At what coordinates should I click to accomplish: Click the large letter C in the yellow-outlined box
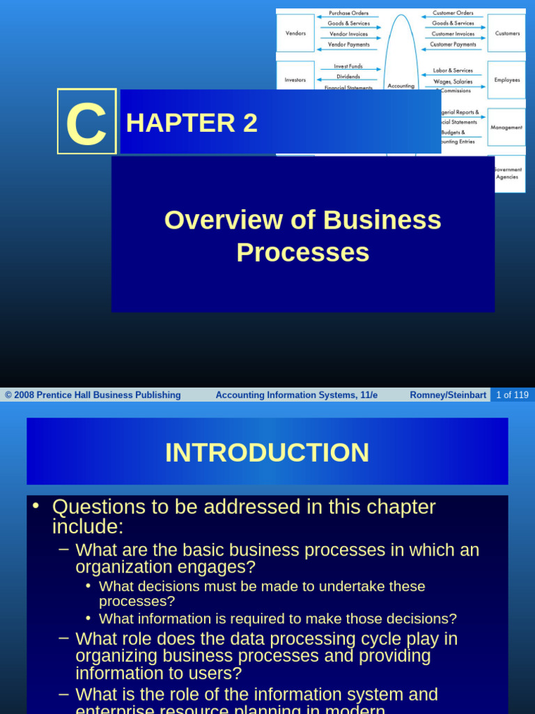(x=86, y=123)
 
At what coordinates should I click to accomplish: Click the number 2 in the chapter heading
(x=250, y=123)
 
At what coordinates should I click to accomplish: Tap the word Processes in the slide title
(x=302, y=252)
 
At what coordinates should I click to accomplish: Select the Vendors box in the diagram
(x=295, y=33)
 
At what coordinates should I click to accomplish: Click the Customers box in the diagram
(x=506, y=33)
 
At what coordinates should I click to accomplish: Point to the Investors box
(x=295, y=79)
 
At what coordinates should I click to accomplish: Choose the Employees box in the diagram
(x=506, y=79)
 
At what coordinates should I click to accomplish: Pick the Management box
(x=506, y=127)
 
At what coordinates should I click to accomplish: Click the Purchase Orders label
(x=349, y=13)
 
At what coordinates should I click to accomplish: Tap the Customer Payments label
(x=453, y=44)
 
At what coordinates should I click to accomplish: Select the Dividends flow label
(x=348, y=77)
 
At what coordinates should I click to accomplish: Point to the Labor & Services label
(x=453, y=70)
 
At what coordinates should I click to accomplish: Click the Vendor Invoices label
(x=349, y=33)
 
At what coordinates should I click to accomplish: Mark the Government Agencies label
(x=508, y=173)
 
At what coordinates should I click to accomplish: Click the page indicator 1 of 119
(x=512, y=395)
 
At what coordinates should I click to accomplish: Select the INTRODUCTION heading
(x=267, y=453)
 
